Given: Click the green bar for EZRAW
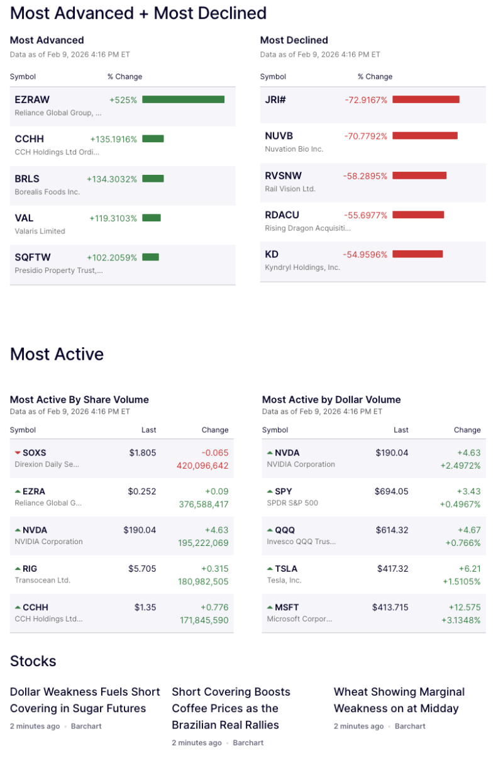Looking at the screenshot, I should click(183, 99).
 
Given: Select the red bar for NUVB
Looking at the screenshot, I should click(425, 136).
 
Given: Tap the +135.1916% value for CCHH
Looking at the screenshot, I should click(113, 139).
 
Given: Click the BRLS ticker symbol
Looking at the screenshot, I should click(28, 179).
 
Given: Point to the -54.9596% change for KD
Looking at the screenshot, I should click(365, 254).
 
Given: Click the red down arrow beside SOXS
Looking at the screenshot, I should click(18, 453).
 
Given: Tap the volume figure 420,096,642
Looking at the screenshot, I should click(202, 466).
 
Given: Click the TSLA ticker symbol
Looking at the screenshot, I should click(286, 569).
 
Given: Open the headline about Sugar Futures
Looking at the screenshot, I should click(85, 700).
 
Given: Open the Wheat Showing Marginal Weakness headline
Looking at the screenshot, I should click(399, 700).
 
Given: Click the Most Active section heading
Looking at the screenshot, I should click(57, 354).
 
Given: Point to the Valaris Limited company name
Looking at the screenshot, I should click(40, 231).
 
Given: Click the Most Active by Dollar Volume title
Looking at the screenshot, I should click(331, 399).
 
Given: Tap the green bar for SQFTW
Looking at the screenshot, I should click(150, 257).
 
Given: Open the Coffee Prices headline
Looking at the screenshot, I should click(231, 708).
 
